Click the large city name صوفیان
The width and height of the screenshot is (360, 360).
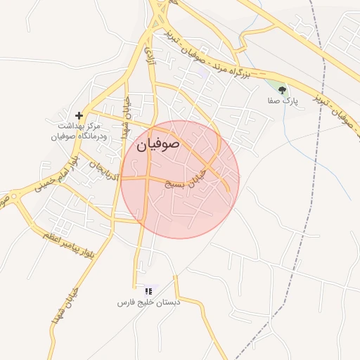point(158,145)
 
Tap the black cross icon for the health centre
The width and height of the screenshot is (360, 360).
point(79,115)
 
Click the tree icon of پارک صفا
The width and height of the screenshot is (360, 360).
point(283,89)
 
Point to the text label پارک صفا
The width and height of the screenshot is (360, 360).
point(283,101)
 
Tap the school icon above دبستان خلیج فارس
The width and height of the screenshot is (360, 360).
point(148,290)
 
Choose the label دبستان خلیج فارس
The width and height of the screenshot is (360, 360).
point(148,302)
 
